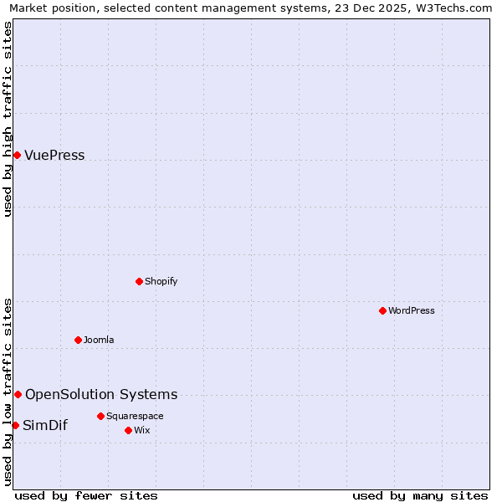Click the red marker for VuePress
click(x=17, y=155)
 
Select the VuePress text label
click(x=54, y=155)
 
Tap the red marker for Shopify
click(x=139, y=281)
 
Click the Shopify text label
click(x=161, y=281)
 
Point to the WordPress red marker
click(x=382, y=310)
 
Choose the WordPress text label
click(x=411, y=310)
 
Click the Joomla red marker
click(x=78, y=340)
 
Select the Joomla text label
click(x=98, y=340)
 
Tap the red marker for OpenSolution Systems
click(x=18, y=394)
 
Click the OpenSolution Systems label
click(x=101, y=394)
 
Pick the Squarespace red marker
click(x=100, y=416)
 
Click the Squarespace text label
click(x=135, y=416)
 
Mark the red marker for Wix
click(x=128, y=430)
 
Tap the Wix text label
click(x=142, y=430)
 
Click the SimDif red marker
click(x=15, y=425)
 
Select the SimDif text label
click(x=45, y=425)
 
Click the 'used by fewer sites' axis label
click(x=86, y=495)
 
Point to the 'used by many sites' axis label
click(x=420, y=495)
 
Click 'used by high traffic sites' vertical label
click(x=8, y=119)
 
